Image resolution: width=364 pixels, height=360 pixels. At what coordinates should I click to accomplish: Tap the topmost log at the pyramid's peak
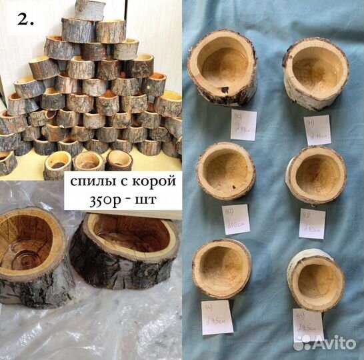tap(89, 9)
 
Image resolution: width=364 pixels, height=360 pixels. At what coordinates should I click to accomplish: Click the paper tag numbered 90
tap(243, 125)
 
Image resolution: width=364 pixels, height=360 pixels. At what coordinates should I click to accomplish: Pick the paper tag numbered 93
tap(311, 224)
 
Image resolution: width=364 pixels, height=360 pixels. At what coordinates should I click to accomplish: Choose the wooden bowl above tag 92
tap(226, 170)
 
